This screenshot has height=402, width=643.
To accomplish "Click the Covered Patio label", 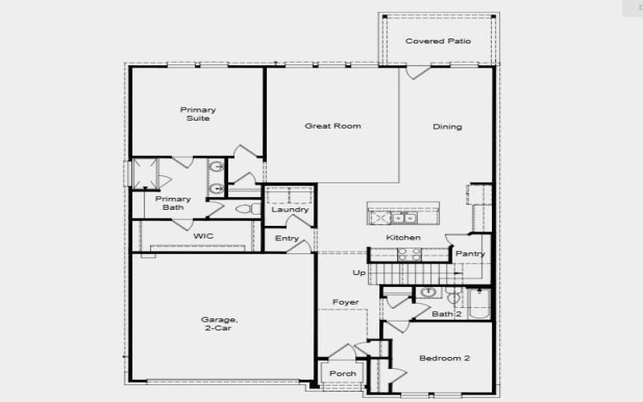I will tap(438, 41).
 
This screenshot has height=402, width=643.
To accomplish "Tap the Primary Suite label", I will tap(198, 114).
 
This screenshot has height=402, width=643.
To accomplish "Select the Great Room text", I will tap(332, 126).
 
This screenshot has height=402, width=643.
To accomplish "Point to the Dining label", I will tap(447, 127).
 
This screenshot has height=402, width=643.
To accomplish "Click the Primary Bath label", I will tap(173, 203).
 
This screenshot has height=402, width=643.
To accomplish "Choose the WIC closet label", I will tap(203, 236).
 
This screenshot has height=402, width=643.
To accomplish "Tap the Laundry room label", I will tap(290, 210).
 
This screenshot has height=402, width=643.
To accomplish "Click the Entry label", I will tap(287, 239).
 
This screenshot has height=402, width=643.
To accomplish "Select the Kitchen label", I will tap(403, 238).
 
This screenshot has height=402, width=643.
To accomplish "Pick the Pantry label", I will tap(470, 254).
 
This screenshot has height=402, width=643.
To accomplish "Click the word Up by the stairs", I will tap(359, 273).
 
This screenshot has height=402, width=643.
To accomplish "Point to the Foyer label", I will tap(346, 302).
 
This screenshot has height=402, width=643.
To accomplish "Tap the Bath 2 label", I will tap(446, 314).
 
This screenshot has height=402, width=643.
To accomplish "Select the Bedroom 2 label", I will tap(444, 358).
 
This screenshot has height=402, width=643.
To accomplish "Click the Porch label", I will tap(343, 374).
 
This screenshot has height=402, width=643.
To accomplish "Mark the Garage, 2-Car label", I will tap(219, 323).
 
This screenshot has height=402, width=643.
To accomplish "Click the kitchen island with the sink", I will tap(403, 215).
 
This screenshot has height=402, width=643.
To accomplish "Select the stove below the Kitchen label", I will tap(408, 255).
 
